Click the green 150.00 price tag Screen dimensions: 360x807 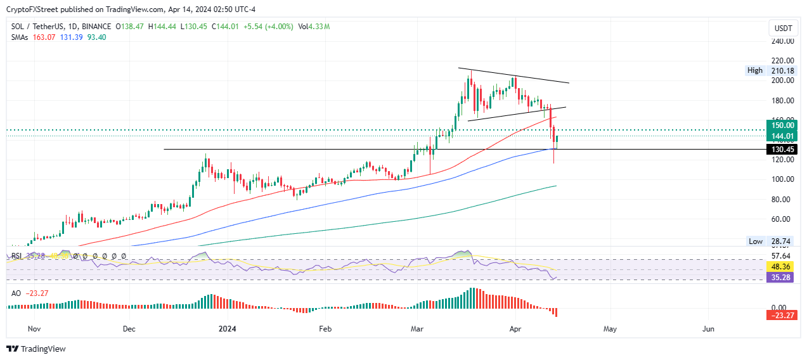pos(779,125)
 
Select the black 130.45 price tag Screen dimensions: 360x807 pos(779,150)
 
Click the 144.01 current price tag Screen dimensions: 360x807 pos(779,136)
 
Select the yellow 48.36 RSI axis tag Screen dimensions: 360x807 pos(779,267)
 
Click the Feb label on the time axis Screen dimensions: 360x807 pos(325,330)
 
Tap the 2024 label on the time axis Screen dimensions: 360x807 pos(226,330)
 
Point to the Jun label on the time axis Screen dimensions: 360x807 pos(709,330)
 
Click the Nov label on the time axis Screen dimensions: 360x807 pos(34,330)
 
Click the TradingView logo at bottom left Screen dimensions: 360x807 pos(36,349)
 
